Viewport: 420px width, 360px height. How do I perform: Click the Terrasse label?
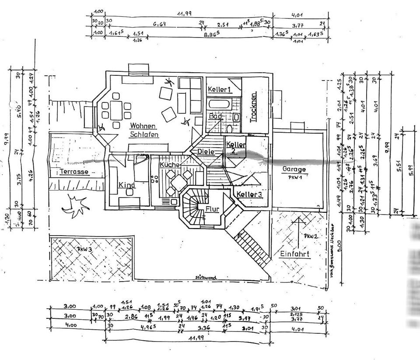pos(74,172)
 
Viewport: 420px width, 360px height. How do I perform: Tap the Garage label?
pos(294,169)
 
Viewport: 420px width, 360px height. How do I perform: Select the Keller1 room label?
pos(219,90)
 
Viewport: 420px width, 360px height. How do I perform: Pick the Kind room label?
pos(127,185)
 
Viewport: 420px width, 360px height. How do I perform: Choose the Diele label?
pos(206,152)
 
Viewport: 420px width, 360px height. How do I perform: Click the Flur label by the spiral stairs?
pos(212,209)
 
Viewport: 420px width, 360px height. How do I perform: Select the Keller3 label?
pos(249,194)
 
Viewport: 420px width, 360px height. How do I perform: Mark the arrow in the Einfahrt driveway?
pos(299,230)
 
